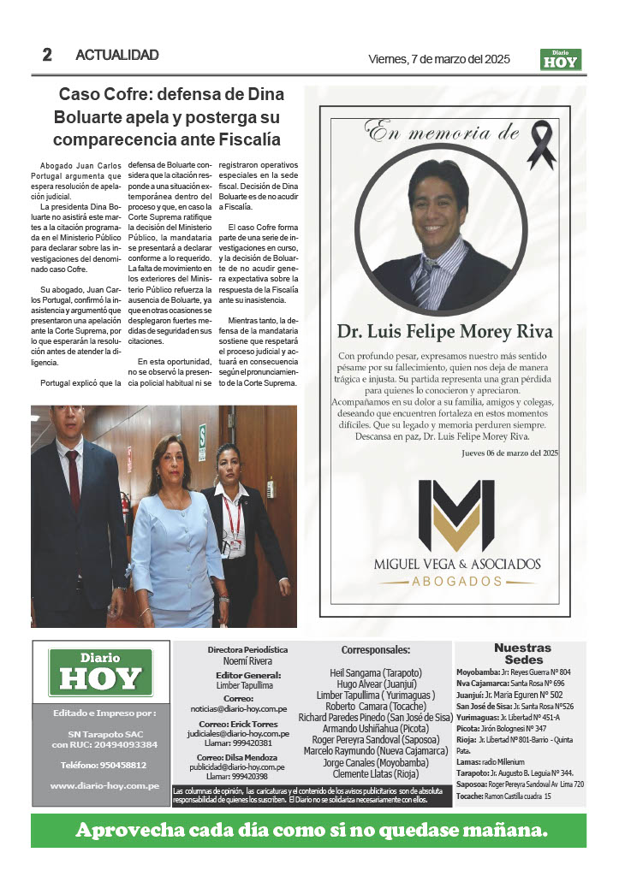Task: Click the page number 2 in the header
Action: click(x=47, y=55)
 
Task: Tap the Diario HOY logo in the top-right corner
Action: click(x=561, y=59)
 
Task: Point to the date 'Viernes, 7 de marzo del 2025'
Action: click(x=438, y=59)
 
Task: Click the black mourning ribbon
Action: click(x=540, y=145)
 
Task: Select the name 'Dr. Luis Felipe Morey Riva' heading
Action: click(x=444, y=331)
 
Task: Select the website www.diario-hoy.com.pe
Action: click(x=104, y=785)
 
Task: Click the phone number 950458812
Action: click(x=104, y=764)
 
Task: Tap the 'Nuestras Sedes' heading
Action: click(x=522, y=654)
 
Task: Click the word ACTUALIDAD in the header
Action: click(x=117, y=55)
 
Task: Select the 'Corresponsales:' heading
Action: click(x=375, y=650)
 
